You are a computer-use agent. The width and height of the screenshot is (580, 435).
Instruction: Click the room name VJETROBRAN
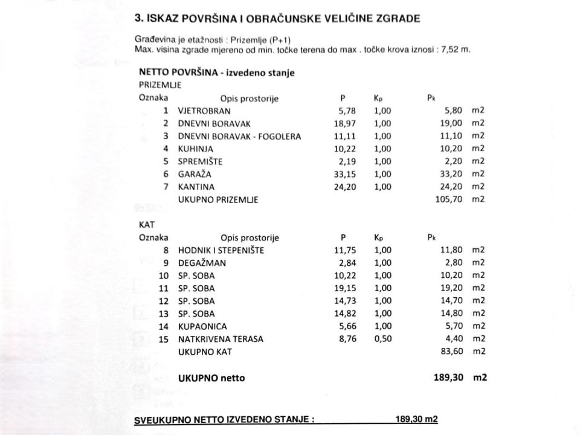pyautogui.click(x=204, y=111)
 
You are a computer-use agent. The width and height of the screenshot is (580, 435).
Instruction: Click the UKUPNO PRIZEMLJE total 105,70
pyautogui.click(x=449, y=199)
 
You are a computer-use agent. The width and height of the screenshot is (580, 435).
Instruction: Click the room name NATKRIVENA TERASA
pyautogui.click(x=221, y=339)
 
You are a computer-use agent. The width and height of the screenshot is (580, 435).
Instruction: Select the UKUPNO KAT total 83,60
pyautogui.click(x=453, y=352)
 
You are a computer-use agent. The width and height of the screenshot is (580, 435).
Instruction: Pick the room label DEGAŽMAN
pyautogui.click(x=201, y=262)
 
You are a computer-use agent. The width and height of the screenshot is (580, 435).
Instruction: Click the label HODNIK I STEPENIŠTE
pyautogui.click(x=221, y=250)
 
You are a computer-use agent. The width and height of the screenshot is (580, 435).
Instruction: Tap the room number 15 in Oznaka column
pyautogui.click(x=164, y=339)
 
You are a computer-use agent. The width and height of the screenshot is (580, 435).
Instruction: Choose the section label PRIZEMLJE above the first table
pyautogui.click(x=160, y=85)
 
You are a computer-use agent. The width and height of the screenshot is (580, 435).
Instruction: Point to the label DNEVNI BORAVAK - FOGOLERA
pyautogui.click(x=239, y=136)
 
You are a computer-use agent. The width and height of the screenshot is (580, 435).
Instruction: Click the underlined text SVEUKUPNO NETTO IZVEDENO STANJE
pyautogui.click(x=224, y=420)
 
